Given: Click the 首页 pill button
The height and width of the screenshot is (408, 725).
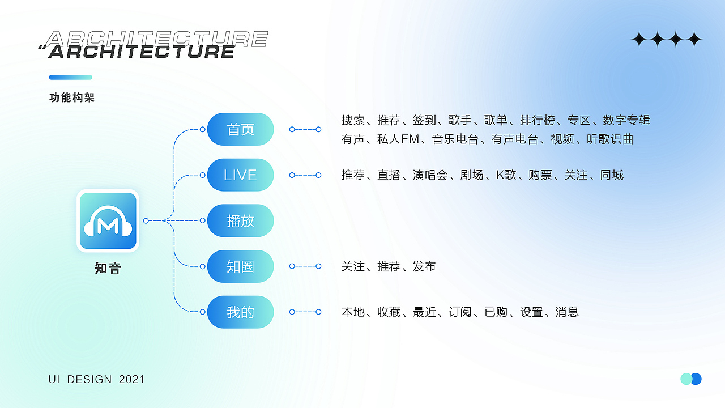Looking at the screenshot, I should click(240, 129).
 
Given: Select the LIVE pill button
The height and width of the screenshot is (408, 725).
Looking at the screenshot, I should click(240, 175).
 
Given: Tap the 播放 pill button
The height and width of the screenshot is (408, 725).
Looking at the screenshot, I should click(240, 220).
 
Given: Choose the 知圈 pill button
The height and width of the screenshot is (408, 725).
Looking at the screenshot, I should click(240, 266).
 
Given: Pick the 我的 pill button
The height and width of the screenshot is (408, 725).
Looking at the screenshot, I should click(240, 312).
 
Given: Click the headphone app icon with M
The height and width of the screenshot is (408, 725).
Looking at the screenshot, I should click(108, 221).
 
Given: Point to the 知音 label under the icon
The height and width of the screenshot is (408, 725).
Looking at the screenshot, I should click(108, 268).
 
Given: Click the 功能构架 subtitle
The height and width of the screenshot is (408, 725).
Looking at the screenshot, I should click(72, 97).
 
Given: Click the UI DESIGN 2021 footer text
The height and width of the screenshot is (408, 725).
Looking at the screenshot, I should click(96, 379).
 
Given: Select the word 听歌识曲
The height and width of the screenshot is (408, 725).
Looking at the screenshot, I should click(610, 139).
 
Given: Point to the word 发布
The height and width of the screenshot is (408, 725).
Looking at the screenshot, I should click(424, 266).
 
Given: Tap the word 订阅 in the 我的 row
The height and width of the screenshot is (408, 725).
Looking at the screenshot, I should click(460, 312).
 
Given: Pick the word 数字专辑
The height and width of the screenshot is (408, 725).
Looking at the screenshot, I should click(626, 120).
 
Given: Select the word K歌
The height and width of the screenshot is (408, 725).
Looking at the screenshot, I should click(506, 175).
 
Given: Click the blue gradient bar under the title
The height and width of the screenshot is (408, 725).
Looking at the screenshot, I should click(71, 77).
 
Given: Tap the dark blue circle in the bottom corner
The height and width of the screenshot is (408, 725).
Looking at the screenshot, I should click(696, 379).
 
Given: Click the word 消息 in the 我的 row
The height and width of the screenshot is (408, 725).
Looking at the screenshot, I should click(567, 312).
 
